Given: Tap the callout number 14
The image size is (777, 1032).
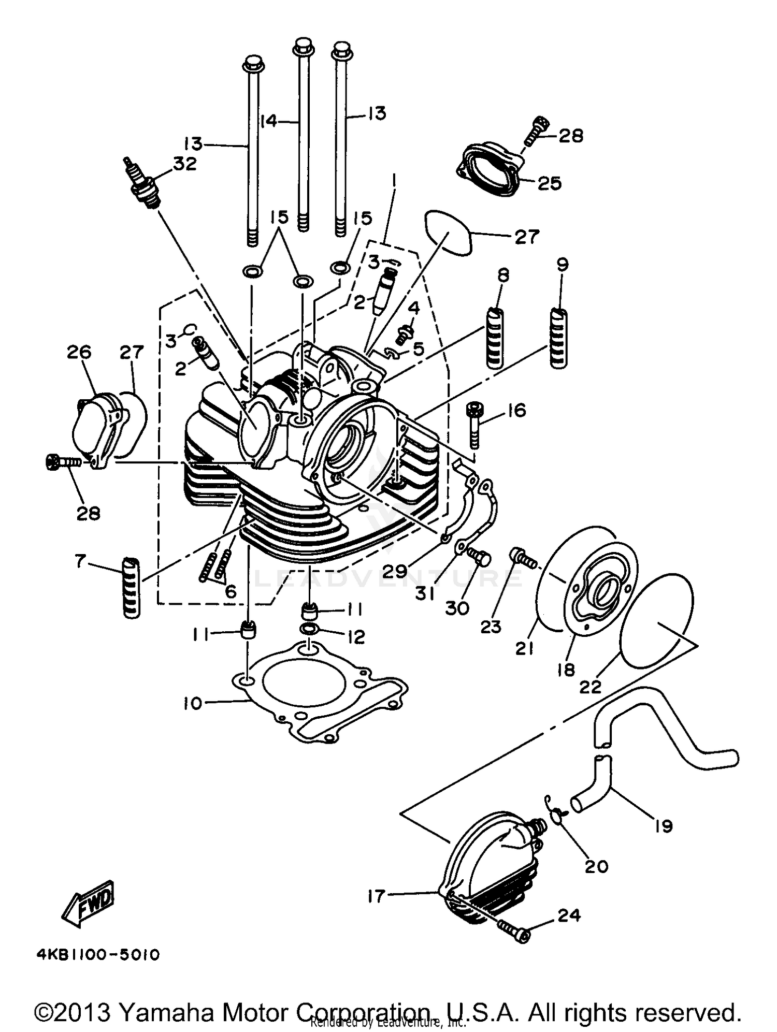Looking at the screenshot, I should pos(269,122).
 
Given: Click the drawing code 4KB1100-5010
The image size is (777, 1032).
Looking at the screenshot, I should pos(98,954).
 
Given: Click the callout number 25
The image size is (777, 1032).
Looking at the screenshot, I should pos(549,183).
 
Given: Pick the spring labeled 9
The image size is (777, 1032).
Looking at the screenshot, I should pos(559,338).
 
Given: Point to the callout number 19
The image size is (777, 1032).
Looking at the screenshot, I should pos(664,825).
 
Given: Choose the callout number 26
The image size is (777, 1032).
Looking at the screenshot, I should pos(79,352).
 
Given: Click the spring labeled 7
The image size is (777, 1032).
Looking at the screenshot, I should pos(131,588).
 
